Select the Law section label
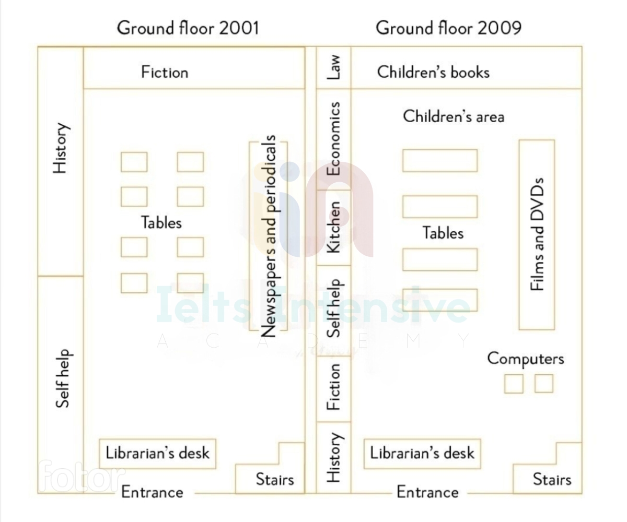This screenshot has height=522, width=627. [334, 67]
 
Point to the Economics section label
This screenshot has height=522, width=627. [334, 139]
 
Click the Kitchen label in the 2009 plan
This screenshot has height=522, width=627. [334, 227]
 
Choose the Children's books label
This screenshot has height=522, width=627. [433, 73]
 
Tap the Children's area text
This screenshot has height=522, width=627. [454, 116]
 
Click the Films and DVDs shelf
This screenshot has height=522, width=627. [537, 234]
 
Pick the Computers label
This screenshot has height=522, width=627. [526, 359]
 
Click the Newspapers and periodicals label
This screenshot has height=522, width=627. [269, 236]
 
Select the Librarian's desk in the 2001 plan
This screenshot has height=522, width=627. [158, 454]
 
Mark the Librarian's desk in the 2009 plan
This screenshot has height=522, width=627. [422, 454]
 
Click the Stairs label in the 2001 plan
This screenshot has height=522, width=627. [275, 479]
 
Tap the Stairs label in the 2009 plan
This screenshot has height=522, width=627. [552, 479]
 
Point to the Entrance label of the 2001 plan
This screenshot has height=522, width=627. [152, 492]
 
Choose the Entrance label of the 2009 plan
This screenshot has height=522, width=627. [427, 492]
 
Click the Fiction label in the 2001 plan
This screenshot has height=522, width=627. [165, 73]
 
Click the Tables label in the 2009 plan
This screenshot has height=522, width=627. [443, 233]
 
